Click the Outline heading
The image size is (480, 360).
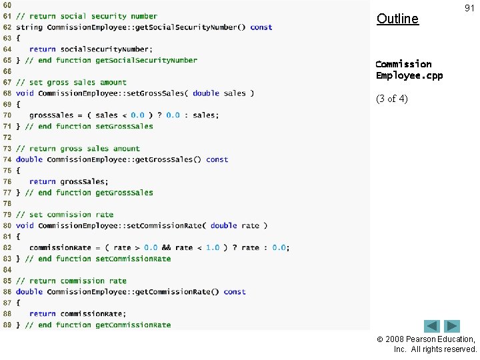[397, 19]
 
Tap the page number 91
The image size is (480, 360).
[469, 8]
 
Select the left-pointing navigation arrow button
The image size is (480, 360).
[432, 326]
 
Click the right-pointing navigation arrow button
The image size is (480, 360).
[452, 326]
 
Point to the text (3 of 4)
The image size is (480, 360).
[392, 99]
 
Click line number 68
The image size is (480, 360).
[7, 93]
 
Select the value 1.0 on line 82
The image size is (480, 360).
[213, 247]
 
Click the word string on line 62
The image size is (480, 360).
[29, 27]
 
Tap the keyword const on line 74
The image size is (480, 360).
[217, 159]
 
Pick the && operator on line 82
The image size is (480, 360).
[166, 247]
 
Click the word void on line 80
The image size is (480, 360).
[25, 225]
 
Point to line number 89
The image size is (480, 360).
[7, 325]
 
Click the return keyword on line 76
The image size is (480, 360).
[43, 181]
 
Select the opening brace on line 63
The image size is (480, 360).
[18, 38]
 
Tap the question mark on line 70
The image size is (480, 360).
[159, 115]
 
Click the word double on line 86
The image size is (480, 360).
[29, 292]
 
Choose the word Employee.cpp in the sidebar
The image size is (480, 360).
[409, 76]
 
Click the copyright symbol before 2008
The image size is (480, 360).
[380, 339]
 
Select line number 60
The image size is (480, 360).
[7, 5]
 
